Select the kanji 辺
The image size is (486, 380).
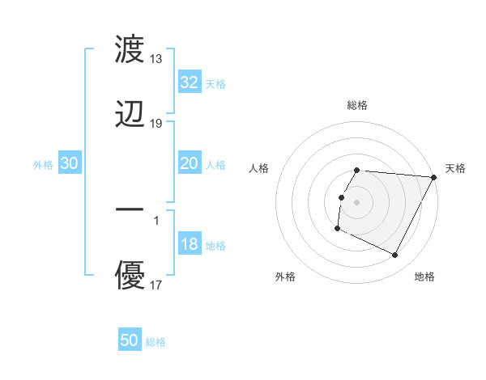click(130, 114)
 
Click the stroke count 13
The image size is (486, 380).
click(156, 59)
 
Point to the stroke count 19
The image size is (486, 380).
click(156, 124)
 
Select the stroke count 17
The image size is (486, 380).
click(156, 285)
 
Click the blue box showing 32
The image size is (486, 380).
click(189, 82)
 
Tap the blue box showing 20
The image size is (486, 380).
click(189, 163)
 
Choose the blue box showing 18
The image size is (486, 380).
click(189, 244)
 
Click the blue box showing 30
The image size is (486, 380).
click(70, 163)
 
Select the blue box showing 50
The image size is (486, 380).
click(130, 340)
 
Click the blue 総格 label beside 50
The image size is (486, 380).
click(156, 342)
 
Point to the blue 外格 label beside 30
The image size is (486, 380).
click(43, 165)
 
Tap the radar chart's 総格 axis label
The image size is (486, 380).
click(357, 105)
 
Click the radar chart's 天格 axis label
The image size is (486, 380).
click(455, 168)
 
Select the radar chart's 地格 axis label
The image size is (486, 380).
click(424, 277)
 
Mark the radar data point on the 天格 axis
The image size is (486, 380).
click(434, 177)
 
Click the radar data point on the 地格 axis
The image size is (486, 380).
click(395, 255)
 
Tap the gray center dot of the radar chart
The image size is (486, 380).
click(357, 201)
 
